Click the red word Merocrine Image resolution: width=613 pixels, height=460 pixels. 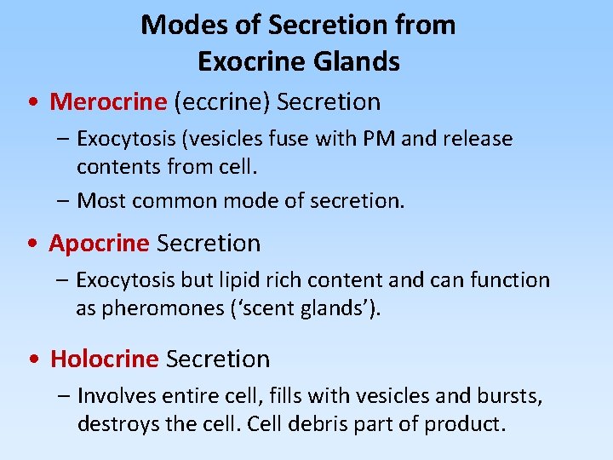(108, 102)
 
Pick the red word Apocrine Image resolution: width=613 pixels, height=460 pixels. (99, 244)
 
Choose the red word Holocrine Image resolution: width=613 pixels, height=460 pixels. (104, 359)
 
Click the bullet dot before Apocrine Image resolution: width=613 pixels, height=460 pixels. (32, 244)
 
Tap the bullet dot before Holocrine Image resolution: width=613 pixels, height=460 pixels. (32, 360)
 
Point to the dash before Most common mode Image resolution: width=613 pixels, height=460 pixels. (65, 202)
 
